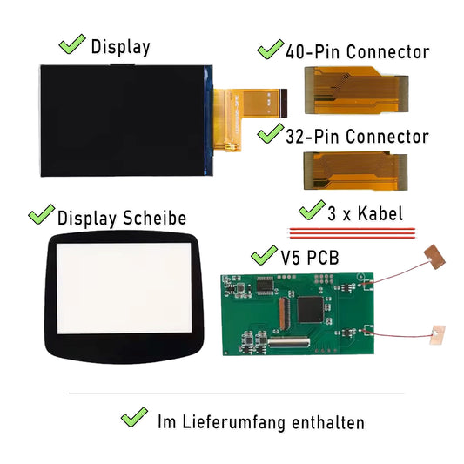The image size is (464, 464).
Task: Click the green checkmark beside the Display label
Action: (x=72, y=44)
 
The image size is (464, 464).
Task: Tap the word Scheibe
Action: (x=154, y=219)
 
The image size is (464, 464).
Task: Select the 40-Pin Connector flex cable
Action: (x=357, y=91)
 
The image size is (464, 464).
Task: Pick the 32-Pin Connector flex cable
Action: (x=356, y=171)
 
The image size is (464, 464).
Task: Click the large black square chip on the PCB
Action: (x=311, y=310)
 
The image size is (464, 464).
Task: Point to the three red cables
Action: (x=352, y=233)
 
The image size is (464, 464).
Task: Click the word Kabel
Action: (x=380, y=213)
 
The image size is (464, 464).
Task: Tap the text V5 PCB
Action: (x=310, y=258)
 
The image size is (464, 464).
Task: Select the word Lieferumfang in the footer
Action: (x=234, y=422)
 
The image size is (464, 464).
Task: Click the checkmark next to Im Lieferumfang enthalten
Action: (x=134, y=417)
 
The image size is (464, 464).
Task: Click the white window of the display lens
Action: (x=124, y=288)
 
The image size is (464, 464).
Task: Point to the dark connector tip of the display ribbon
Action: (x=284, y=104)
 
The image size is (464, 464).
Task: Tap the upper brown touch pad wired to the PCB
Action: (x=434, y=257)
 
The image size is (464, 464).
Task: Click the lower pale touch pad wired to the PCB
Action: (x=437, y=335)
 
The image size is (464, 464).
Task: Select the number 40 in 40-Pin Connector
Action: (x=295, y=51)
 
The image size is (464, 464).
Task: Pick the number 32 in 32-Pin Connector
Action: (x=295, y=137)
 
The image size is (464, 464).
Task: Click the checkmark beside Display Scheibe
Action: (x=42, y=214)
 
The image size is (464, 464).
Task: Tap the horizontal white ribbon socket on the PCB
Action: (x=289, y=342)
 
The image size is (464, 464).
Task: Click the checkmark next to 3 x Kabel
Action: (x=312, y=210)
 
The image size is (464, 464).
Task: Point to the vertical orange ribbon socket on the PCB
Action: (x=284, y=313)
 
